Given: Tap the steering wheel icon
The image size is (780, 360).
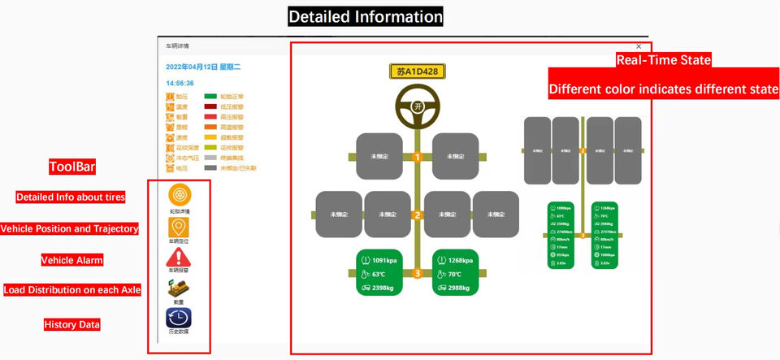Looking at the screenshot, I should pos(417,106).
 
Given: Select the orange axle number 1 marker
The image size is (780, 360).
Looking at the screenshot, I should pos(417,157).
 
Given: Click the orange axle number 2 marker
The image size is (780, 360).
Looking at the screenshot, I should pos(417,215).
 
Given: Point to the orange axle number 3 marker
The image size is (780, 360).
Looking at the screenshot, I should pos(417,274).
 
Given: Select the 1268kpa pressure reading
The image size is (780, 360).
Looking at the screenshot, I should pos(460,261).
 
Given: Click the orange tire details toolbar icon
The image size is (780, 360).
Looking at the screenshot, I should pos(179,197).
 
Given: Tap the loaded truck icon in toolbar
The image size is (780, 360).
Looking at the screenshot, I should pos(179,288).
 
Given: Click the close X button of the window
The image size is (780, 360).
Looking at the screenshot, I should pos(639,46).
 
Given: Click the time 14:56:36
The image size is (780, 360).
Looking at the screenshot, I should pos(180,83).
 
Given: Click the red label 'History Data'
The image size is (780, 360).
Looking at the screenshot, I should pos(72,325).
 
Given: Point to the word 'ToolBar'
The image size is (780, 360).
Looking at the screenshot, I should pos(72,167).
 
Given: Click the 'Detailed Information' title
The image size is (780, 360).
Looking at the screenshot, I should pos(366,16).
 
